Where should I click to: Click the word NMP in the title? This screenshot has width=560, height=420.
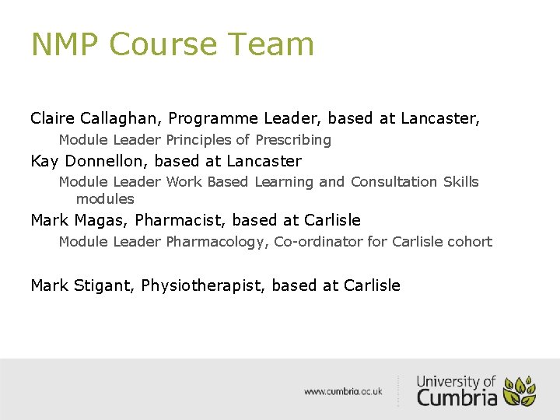tap(65, 44)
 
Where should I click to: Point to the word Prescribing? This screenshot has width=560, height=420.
tap(293, 141)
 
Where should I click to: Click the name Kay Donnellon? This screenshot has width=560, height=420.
tap(89, 162)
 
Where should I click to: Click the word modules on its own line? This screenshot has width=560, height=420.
tap(105, 199)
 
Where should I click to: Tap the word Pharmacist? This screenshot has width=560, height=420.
tap(178, 220)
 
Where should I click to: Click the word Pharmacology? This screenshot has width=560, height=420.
tap(217, 242)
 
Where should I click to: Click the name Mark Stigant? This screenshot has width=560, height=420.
tap(83, 285)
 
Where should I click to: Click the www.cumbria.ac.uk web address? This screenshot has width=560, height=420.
tap(343, 391)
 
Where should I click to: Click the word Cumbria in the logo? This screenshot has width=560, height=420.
tap(457, 397)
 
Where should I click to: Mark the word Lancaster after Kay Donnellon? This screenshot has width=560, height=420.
tap(264, 162)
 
